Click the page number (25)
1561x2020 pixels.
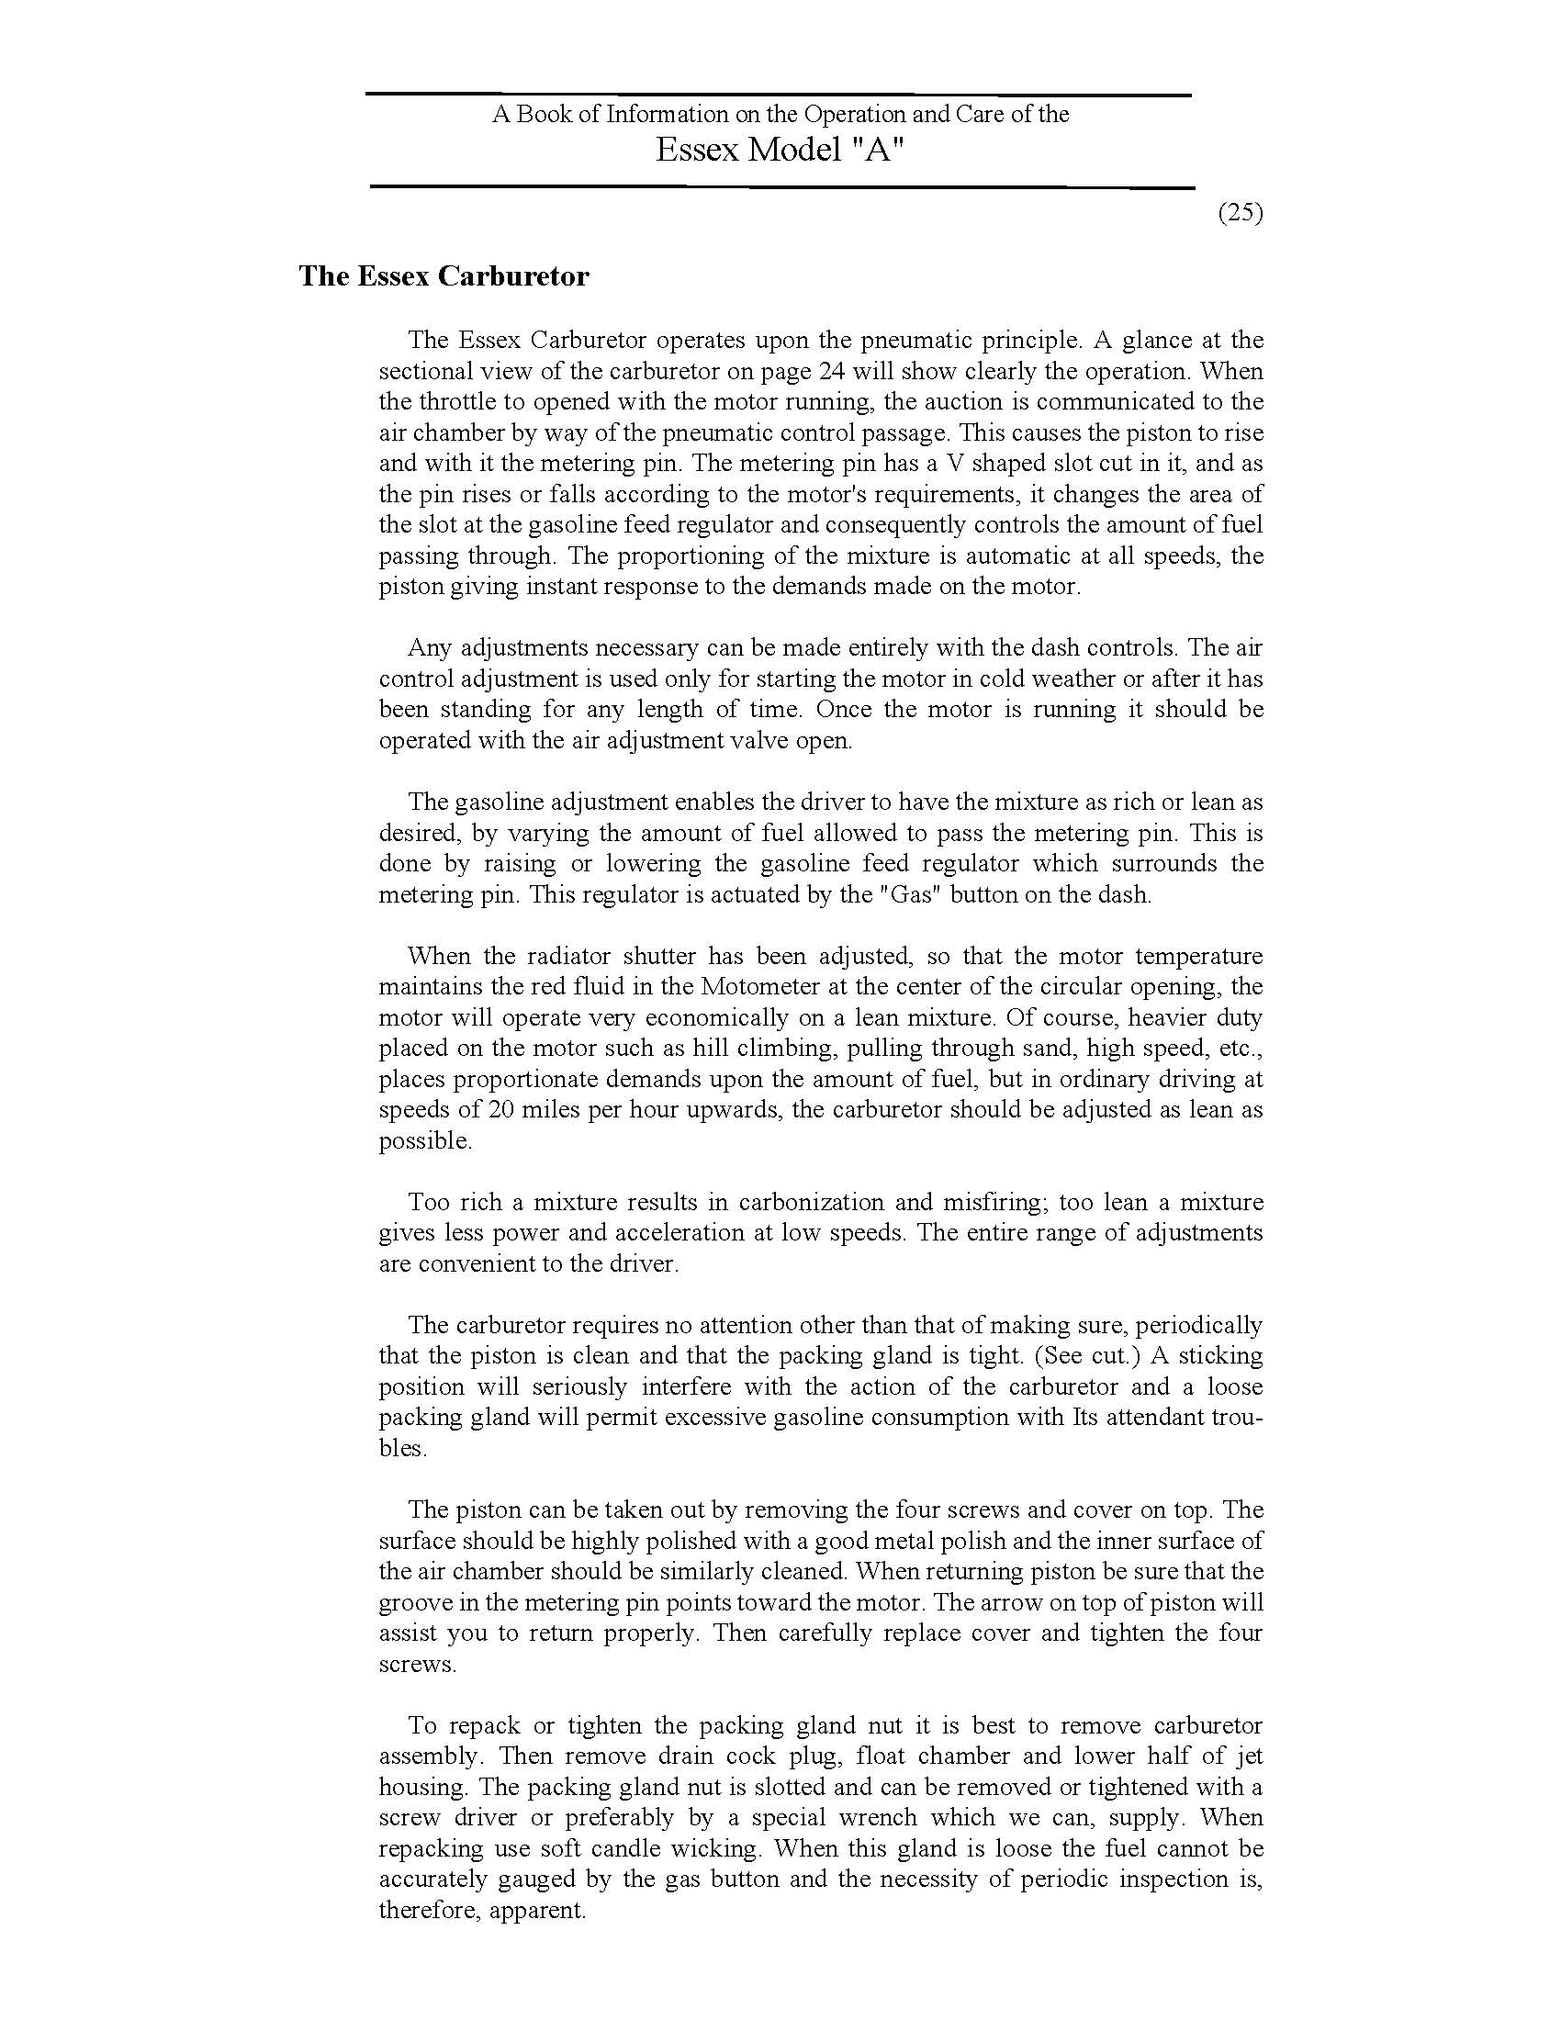1240,213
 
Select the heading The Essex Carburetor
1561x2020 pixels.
444,276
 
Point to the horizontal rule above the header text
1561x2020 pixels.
778,95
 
